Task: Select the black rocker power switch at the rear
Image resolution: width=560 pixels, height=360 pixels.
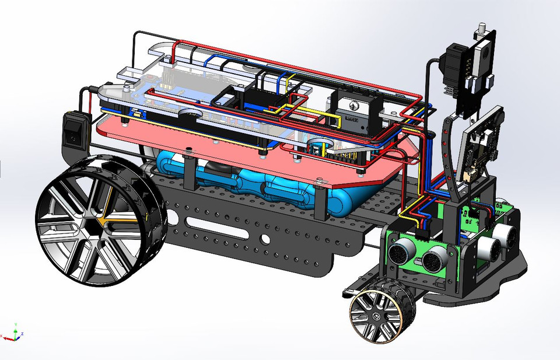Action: [72, 129]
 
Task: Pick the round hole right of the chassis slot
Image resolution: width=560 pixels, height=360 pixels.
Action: [265, 239]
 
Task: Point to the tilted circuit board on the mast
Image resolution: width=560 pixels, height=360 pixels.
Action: [482, 146]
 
